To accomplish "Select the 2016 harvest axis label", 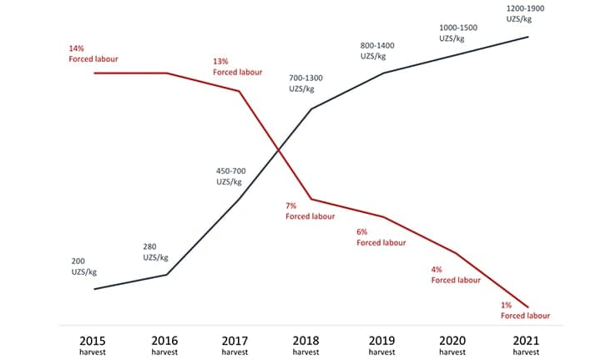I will [x=165, y=345].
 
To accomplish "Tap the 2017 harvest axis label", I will [x=235, y=345].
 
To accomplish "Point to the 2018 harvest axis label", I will [x=309, y=345].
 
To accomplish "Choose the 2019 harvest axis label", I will [x=381, y=345].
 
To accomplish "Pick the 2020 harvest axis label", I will [x=454, y=345].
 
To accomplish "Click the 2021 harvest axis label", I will [x=527, y=345].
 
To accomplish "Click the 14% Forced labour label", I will [x=92, y=53].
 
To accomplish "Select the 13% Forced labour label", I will [x=237, y=67].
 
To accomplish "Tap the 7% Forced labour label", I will [x=310, y=210].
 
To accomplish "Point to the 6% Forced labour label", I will [x=381, y=237].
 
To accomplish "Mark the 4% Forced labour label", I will [x=455, y=275].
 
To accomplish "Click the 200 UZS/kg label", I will [x=85, y=267].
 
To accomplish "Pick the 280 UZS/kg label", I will [x=157, y=252].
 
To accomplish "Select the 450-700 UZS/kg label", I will [x=231, y=176].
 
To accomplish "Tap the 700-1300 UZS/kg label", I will [x=305, y=84].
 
